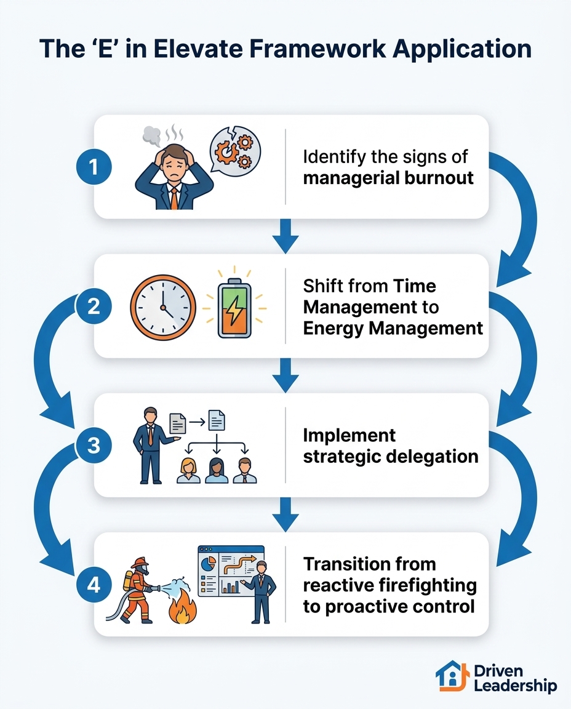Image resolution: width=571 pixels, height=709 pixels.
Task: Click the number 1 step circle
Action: click(x=94, y=167)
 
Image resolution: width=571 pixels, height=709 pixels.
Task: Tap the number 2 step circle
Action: click(x=94, y=306)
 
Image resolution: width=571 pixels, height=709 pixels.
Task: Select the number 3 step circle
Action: click(x=94, y=446)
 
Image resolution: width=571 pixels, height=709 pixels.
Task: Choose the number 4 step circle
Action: click(x=94, y=585)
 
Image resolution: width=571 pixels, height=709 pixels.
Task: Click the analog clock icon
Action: click(x=163, y=308)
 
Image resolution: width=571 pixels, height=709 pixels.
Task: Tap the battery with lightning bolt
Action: click(x=234, y=308)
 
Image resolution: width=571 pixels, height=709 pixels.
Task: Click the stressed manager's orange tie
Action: click(x=174, y=198)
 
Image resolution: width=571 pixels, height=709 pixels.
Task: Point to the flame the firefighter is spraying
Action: click(x=183, y=607)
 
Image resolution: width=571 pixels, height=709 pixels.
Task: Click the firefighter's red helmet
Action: click(x=140, y=563)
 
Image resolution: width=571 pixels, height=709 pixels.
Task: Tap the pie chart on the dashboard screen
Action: click(x=208, y=563)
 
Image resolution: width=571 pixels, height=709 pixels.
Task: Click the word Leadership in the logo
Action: click(x=516, y=686)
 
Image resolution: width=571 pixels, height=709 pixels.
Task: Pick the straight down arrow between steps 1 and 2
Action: click(x=285, y=236)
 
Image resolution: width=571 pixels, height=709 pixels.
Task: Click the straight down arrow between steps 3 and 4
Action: click(x=285, y=515)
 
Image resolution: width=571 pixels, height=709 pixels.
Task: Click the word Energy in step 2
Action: click(x=333, y=328)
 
